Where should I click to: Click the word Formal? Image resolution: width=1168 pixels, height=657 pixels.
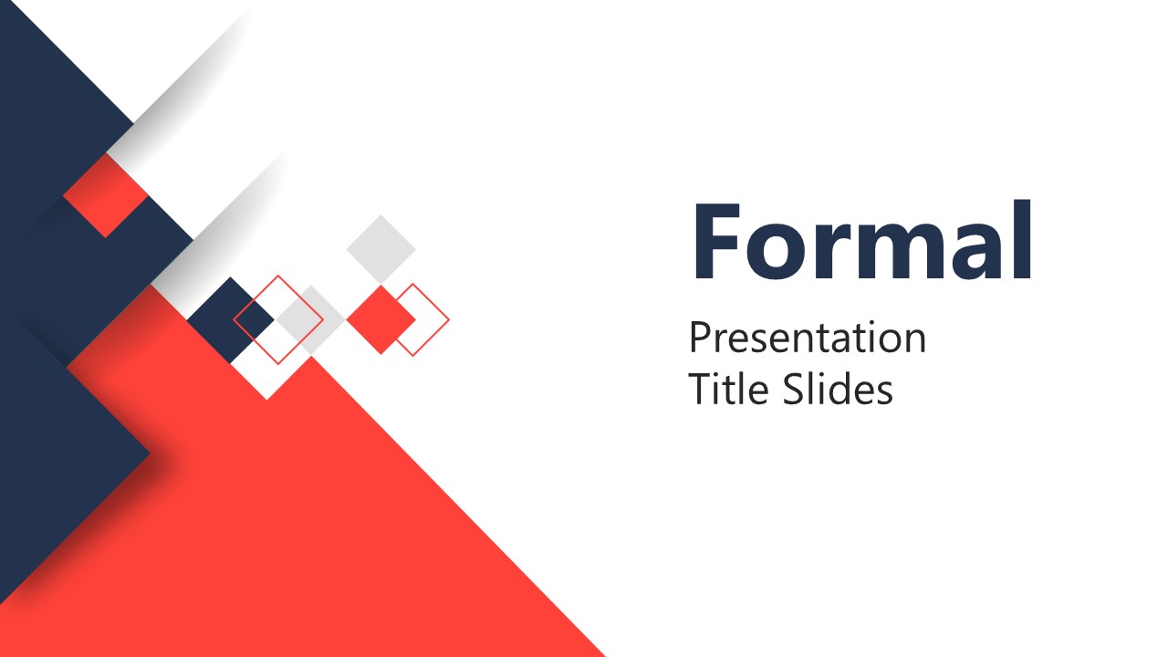862,241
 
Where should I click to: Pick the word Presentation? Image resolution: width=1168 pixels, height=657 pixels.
808,338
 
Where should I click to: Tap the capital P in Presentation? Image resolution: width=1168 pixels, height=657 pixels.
699,338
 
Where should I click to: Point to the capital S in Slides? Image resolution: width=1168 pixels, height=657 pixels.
793,390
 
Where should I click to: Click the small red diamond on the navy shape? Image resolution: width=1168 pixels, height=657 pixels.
106,195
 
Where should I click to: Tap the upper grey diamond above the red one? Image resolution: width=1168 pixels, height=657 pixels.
381,248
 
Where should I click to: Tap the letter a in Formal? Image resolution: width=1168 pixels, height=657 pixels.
975,252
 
